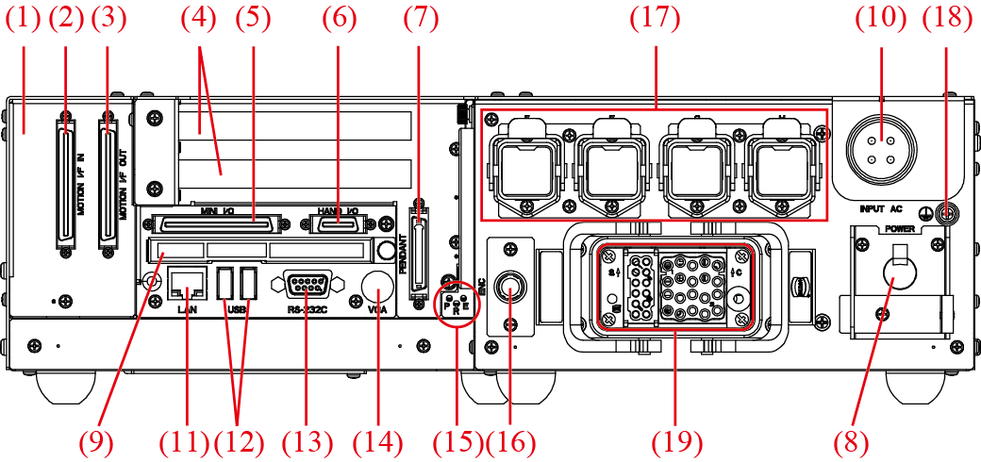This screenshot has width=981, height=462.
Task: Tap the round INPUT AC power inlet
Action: pyautogui.click(x=881, y=148)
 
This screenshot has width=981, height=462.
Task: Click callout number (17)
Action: pyautogui.click(x=656, y=18)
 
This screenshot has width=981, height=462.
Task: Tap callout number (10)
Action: pyautogui.click(x=881, y=18)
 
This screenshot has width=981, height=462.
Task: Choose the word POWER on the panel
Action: pyautogui.click(x=898, y=228)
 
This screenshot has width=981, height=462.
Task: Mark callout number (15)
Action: pyautogui.click(x=457, y=440)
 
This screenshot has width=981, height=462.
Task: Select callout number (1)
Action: pyautogui.click(x=24, y=18)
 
